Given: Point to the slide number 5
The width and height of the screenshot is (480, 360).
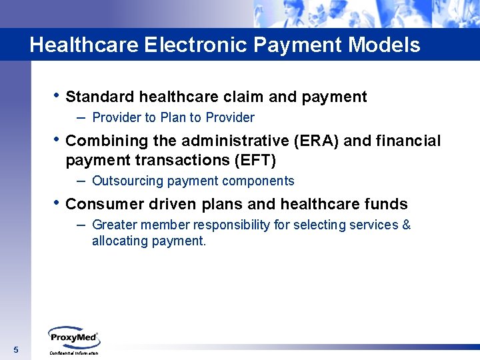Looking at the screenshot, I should [x=16, y=351].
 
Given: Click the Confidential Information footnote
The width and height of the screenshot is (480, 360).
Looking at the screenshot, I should [x=73, y=353].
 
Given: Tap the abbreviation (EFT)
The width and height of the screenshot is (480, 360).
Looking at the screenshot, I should [x=253, y=161].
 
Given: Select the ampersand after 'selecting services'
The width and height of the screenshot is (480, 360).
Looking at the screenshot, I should [x=406, y=225].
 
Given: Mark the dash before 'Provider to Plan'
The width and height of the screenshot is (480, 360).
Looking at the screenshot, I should [x=81, y=117].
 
